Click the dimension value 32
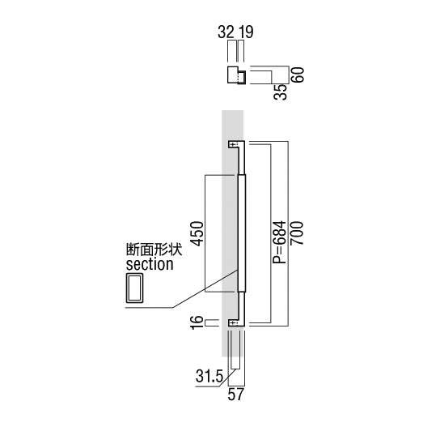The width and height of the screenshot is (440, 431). point(226,32)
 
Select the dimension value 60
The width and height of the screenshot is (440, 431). point(298,75)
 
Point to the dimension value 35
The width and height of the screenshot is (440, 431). point(281,92)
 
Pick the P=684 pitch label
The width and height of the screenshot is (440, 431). point(280,242)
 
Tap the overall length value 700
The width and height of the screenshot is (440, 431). point(297,233)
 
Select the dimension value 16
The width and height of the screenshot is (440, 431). point(197,322)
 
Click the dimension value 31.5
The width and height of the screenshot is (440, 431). point(209,376)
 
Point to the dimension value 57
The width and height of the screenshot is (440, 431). point(235,395)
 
